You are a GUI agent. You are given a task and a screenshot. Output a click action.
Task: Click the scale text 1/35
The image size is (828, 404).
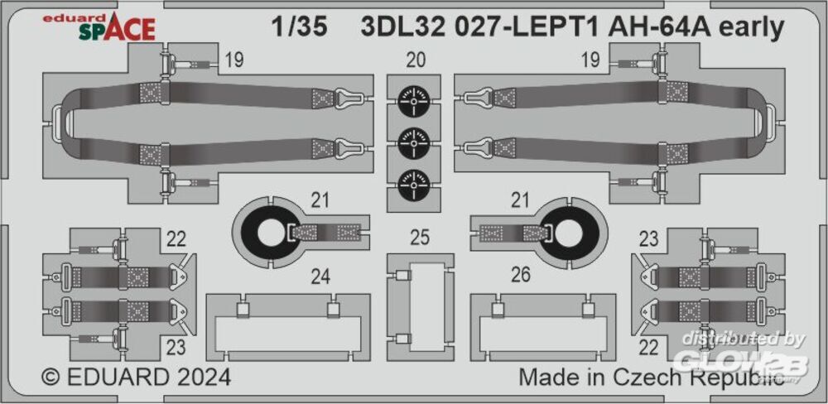pyautogui.click(x=300, y=29)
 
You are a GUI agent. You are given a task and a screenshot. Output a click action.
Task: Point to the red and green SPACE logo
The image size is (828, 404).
pyautogui.click(x=118, y=29)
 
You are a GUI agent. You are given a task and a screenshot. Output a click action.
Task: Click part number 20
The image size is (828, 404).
pyautogui.click(x=416, y=60)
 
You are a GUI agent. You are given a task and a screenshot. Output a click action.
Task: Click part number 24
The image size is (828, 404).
pyautogui.click(x=320, y=277)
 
